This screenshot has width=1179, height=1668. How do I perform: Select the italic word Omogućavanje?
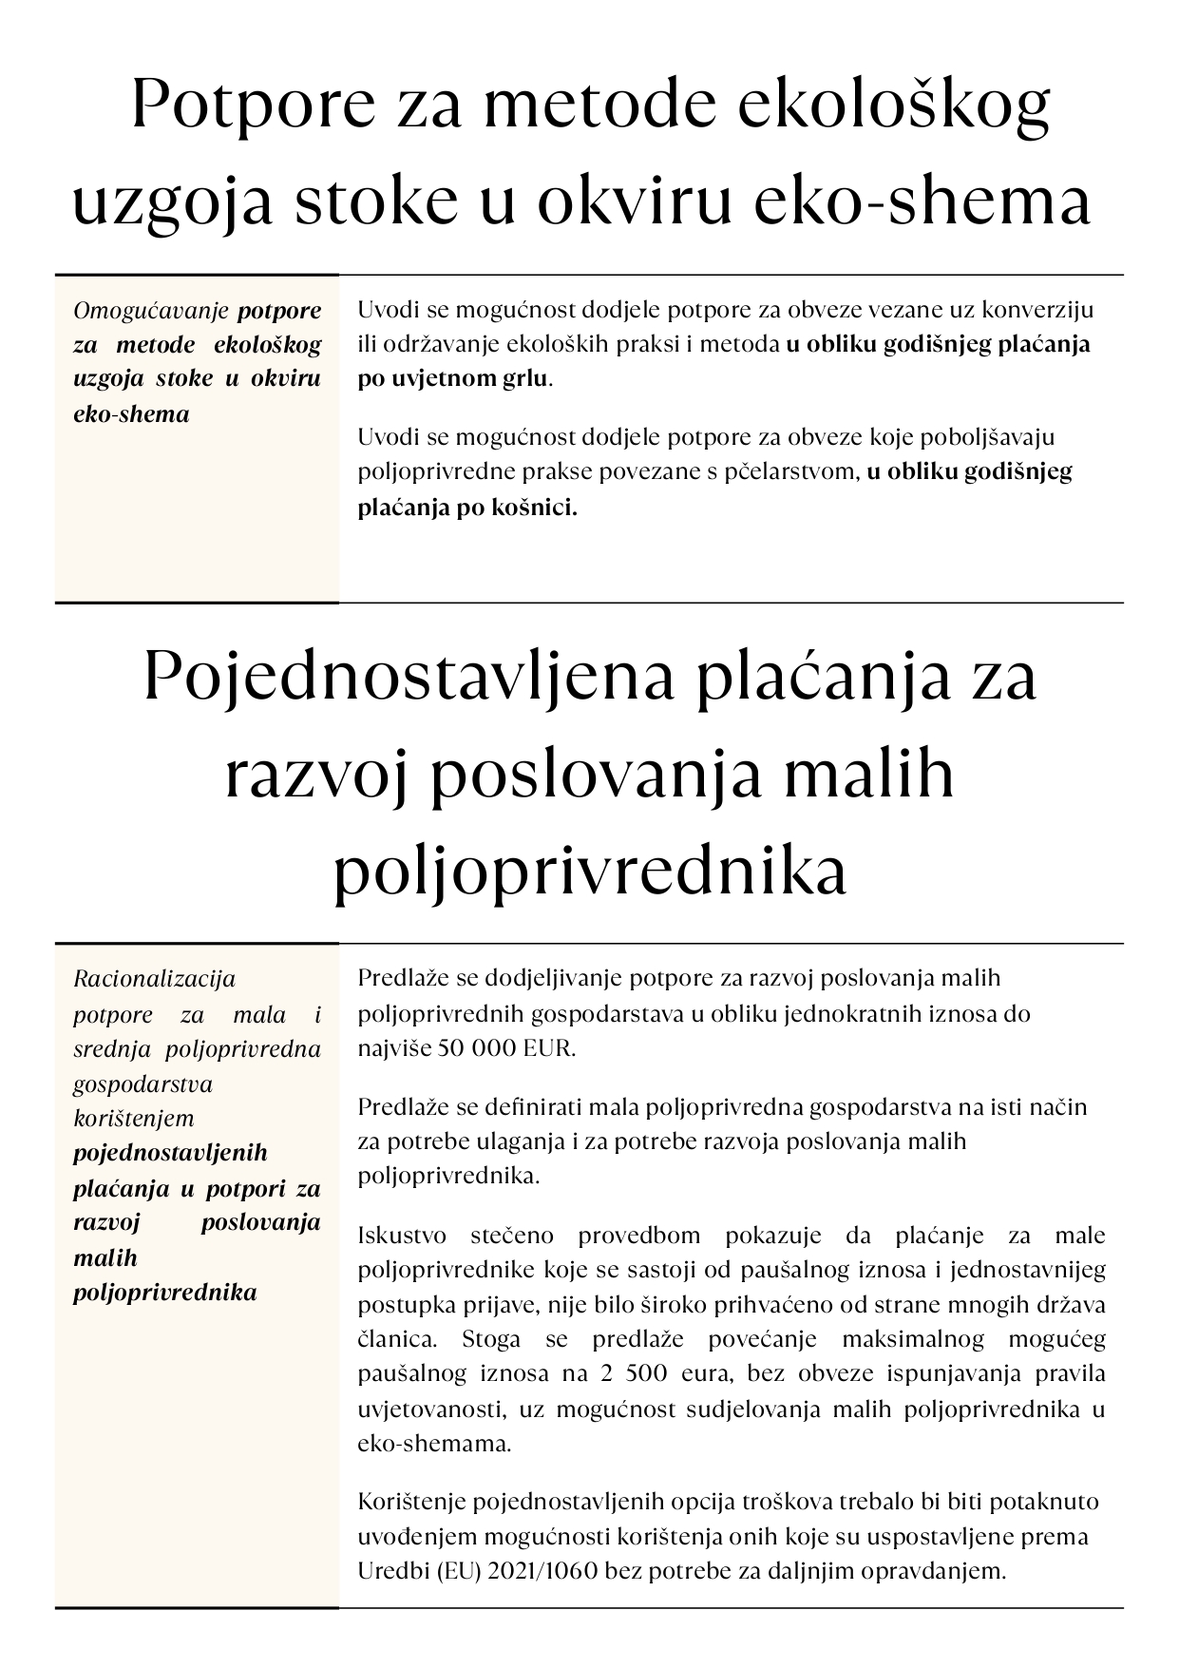click(x=152, y=311)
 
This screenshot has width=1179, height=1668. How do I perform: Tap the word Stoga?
click(x=491, y=1339)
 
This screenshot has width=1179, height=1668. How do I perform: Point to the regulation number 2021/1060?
click(x=542, y=1571)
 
